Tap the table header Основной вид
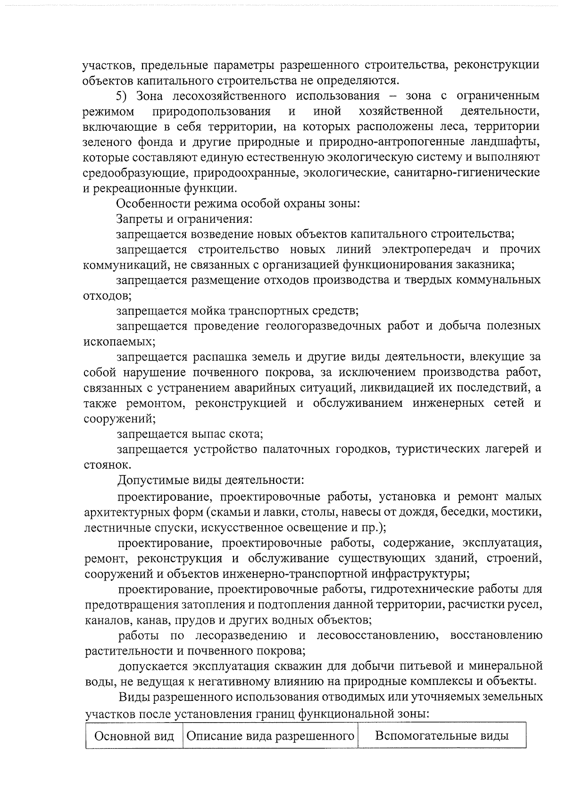(x=134, y=736)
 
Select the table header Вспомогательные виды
(x=441, y=736)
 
